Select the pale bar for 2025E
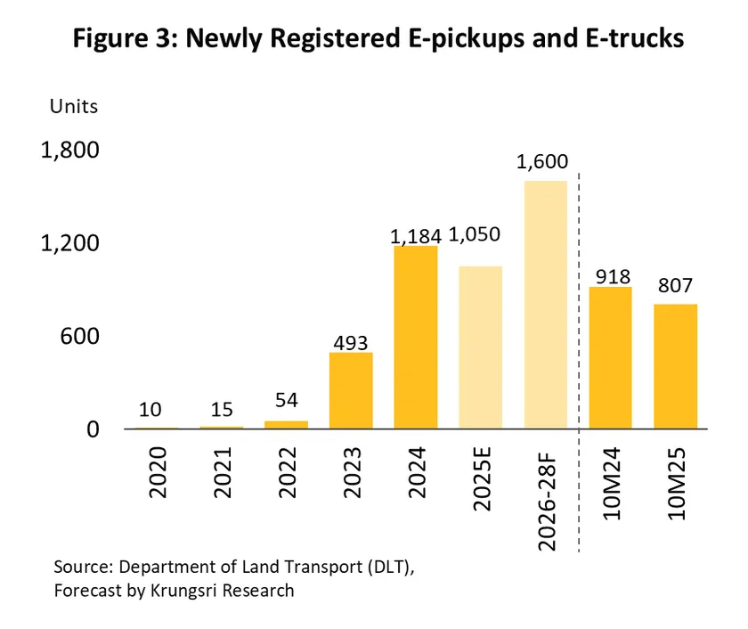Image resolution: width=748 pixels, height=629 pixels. tap(481, 347)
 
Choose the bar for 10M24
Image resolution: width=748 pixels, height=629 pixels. tap(610, 357)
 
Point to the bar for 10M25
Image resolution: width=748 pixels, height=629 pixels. tap(675, 366)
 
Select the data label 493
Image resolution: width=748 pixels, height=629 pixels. tap(350, 342)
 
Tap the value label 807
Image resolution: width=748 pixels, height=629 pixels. tap(675, 288)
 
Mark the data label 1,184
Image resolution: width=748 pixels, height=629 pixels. tap(416, 236)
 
